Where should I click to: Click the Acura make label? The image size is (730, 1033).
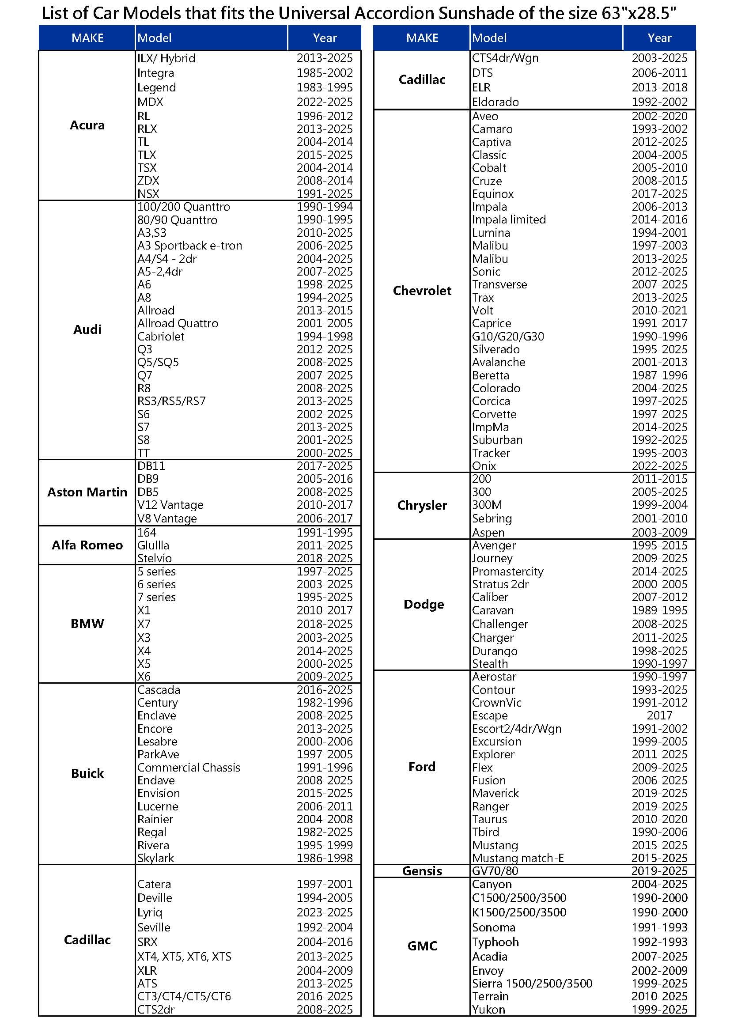pyautogui.click(x=87, y=125)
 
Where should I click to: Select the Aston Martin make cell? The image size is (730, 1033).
pyautogui.click(x=87, y=492)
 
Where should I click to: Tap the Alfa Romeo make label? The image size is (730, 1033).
pyautogui.click(x=87, y=545)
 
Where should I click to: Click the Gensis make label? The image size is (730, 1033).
pyautogui.click(x=422, y=870)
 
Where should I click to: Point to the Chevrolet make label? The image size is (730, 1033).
pyautogui.click(x=422, y=291)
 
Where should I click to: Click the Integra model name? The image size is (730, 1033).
pyautogui.click(x=155, y=73)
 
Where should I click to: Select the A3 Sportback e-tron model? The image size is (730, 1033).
pyautogui.click(x=189, y=246)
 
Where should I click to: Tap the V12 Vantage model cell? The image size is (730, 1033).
pyautogui.click(x=170, y=505)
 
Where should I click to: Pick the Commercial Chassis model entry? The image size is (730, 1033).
pyautogui.click(x=189, y=767)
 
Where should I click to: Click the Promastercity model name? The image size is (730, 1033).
pyautogui.click(x=507, y=571)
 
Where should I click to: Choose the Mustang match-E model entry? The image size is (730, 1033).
pyautogui.click(x=518, y=858)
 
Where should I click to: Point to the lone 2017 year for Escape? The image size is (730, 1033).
pyautogui.click(x=659, y=715)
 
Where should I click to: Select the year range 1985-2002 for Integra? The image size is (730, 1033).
pyautogui.click(x=324, y=73)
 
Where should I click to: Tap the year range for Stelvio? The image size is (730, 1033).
pyautogui.click(x=324, y=558)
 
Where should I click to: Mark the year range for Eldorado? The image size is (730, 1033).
pyautogui.click(x=659, y=102)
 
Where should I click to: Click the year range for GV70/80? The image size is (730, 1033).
pyautogui.click(x=659, y=870)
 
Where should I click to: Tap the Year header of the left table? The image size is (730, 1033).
pyautogui.click(x=324, y=38)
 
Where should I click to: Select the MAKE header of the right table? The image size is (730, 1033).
pyautogui.click(x=422, y=38)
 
